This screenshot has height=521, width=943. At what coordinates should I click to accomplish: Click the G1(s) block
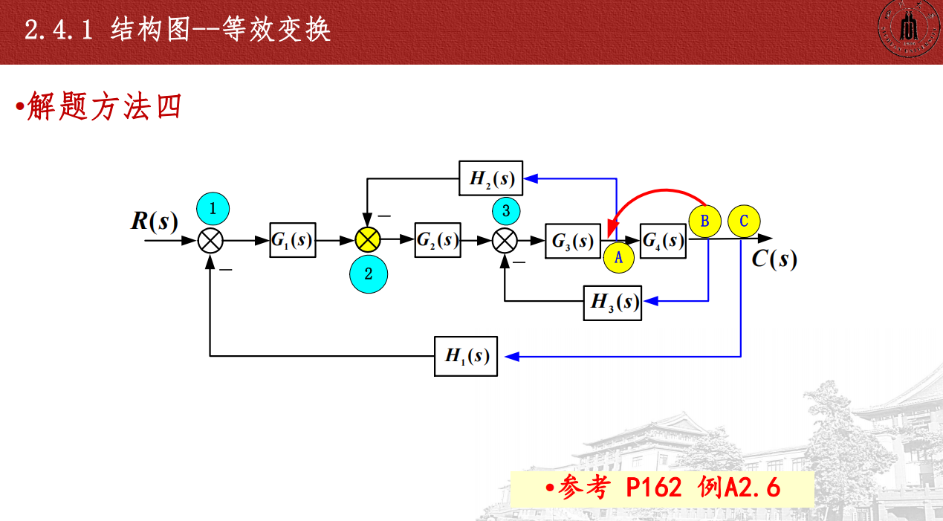292,240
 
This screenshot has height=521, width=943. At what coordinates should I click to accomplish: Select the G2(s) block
438,240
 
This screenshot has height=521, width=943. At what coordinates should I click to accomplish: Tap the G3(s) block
572,241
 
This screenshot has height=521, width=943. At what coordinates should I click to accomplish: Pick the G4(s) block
663,240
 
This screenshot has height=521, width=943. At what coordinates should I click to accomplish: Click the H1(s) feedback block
466,356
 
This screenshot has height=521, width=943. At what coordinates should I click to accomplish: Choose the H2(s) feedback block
490,178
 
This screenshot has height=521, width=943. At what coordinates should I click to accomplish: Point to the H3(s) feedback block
612,301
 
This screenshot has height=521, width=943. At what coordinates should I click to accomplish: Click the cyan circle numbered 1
213,209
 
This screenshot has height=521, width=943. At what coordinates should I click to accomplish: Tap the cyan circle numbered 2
368,273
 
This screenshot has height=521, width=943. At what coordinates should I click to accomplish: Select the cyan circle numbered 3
506,211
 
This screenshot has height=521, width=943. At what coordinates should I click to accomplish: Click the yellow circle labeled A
619,258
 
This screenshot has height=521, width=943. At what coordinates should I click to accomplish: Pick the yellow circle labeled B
705,221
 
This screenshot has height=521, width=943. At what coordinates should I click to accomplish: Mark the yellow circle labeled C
745,221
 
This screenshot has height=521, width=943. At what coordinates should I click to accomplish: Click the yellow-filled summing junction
367,239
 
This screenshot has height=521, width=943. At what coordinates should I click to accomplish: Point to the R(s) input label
155,221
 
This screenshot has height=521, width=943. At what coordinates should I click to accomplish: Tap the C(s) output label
774,259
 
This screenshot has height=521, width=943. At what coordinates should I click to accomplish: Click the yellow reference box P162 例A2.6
662,488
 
